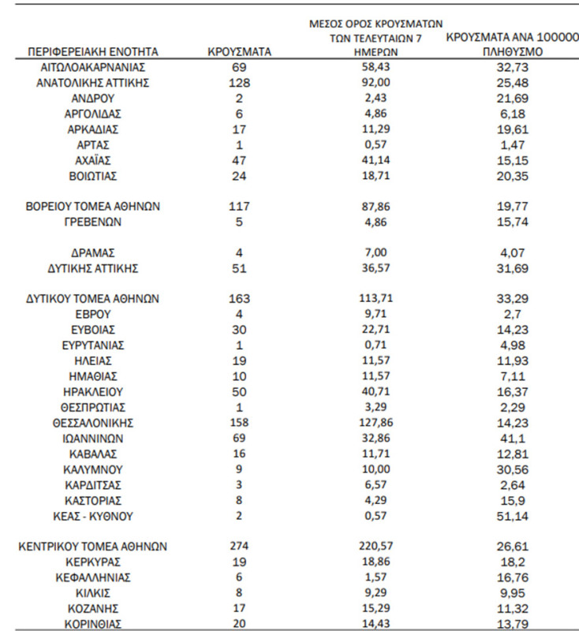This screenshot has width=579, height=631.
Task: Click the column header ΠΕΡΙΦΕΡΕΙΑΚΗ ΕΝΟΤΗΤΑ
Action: pyautogui.click(x=93, y=52)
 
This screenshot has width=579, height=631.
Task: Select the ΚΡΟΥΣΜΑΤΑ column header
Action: pyautogui.click(x=240, y=52)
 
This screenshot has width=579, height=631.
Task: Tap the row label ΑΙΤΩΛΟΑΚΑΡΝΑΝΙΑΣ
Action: pyautogui.click(x=93, y=69)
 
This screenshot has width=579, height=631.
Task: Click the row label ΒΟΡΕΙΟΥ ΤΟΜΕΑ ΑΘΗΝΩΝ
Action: pyautogui.click(x=93, y=207)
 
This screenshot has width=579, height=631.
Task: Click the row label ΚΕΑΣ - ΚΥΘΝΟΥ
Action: pyautogui.click(x=93, y=516)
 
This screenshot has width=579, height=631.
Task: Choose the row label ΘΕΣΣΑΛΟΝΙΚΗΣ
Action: pyautogui.click(x=93, y=423)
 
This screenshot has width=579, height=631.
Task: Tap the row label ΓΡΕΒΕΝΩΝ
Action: pyautogui.click(x=93, y=222)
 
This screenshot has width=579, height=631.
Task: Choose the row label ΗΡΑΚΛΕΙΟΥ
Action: pyautogui.click(x=93, y=392)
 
